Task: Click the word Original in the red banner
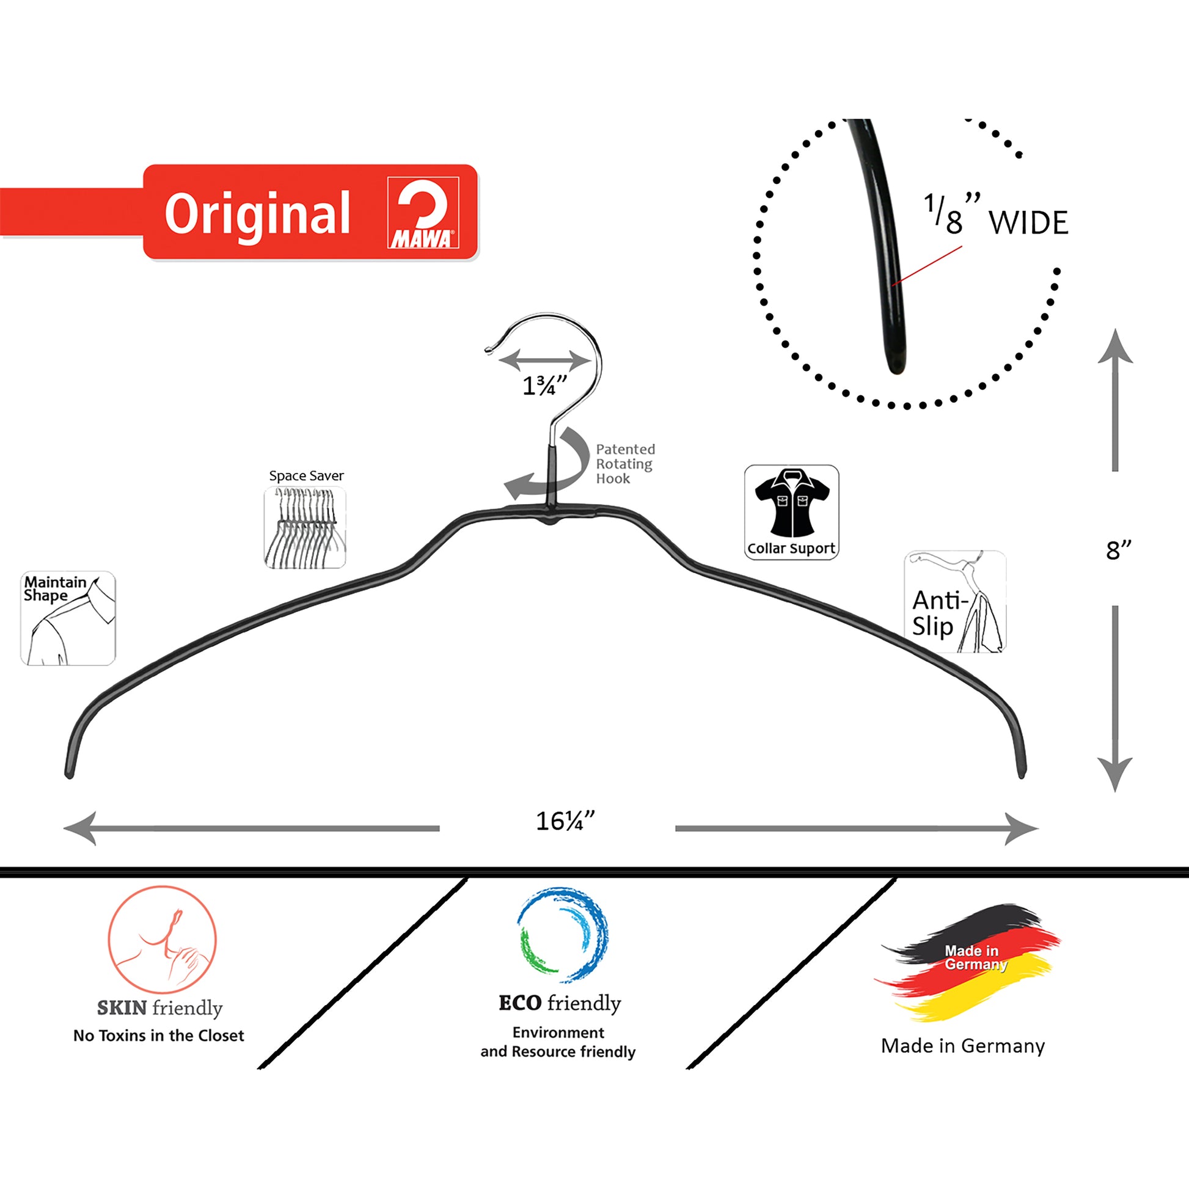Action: tap(257, 215)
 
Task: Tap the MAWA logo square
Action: tap(423, 213)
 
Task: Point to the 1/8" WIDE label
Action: tap(996, 217)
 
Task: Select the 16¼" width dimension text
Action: tap(565, 822)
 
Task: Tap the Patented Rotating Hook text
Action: tap(624, 464)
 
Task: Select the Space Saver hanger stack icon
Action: tap(305, 527)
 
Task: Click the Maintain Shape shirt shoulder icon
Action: tap(68, 618)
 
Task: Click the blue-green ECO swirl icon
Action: tap(563, 934)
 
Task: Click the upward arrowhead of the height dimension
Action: tap(1115, 348)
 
